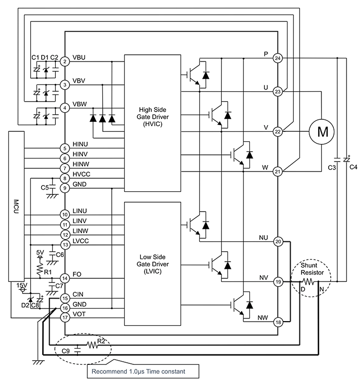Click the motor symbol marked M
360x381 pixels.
[322, 132]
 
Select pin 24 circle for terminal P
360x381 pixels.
[278, 58]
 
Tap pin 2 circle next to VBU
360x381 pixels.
[65, 62]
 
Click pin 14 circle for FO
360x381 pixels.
[65, 278]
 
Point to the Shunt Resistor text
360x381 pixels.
[312, 268]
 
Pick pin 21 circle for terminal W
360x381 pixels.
[278, 171]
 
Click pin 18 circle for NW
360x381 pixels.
[278, 322]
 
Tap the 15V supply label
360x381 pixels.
[21, 285]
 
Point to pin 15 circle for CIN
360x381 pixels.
[65, 298]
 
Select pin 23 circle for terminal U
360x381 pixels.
[278, 91]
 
